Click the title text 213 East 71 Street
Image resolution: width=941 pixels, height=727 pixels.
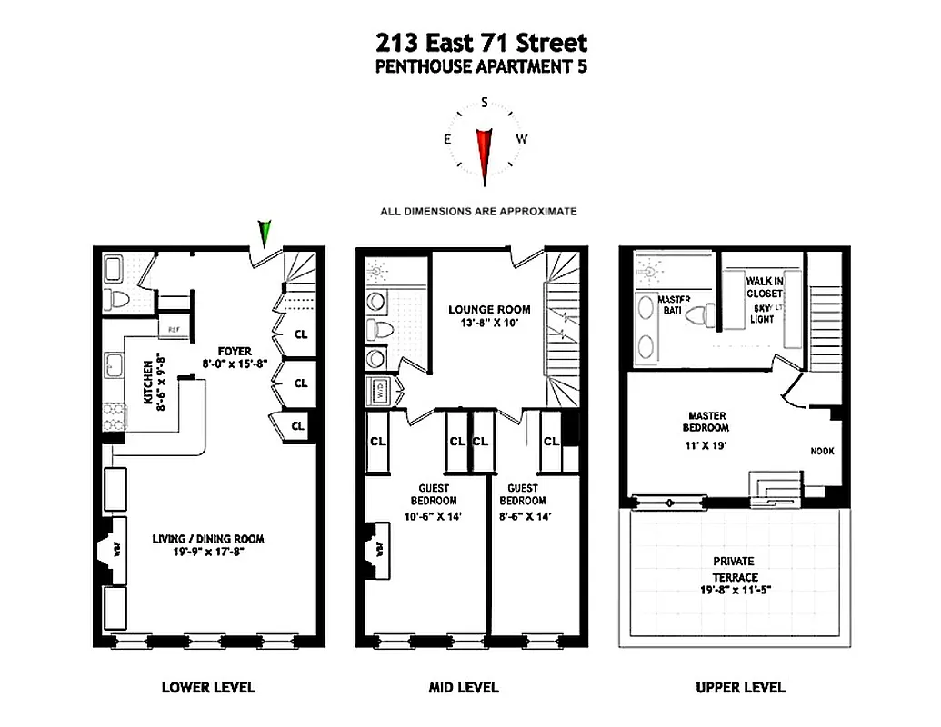click(482, 42)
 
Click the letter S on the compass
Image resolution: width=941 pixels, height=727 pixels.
click(485, 103)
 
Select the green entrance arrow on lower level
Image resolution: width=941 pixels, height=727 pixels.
click(265, 234)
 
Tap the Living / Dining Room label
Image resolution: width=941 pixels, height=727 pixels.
click(208, 538)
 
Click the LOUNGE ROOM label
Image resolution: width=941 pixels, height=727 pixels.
click(489, 309)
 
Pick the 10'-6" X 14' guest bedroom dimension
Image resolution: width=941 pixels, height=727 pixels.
click(433, 516)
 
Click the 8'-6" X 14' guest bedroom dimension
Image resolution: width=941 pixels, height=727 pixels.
click(522, 516)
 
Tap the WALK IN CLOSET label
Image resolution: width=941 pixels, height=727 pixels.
click(764, 287)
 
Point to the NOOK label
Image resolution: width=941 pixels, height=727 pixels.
click(823, 451)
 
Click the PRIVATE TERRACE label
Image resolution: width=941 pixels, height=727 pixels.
click(734, 569)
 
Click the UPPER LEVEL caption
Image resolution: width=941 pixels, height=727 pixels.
click(740, 687)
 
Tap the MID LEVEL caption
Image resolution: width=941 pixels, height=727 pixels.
click(464, 687)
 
